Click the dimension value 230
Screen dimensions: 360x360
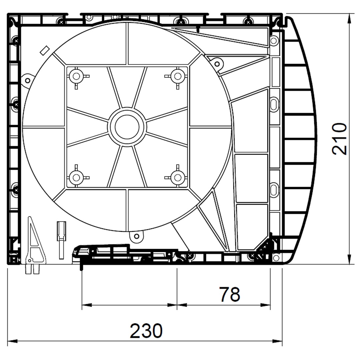(x=146, y=331)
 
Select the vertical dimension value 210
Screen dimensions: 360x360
(x=339, y=139)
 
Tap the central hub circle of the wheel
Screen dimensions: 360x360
(x=127, y=127)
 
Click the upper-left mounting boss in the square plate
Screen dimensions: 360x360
(x=76, y=76)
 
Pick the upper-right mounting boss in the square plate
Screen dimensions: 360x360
(x=178, y=76)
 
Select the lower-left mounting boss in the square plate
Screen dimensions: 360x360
(x=76, y=177)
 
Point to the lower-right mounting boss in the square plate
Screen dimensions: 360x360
(x=178, y=177)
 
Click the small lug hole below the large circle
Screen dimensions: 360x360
(x=136, y=236)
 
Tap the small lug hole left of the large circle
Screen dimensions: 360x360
(x=28, y=81)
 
